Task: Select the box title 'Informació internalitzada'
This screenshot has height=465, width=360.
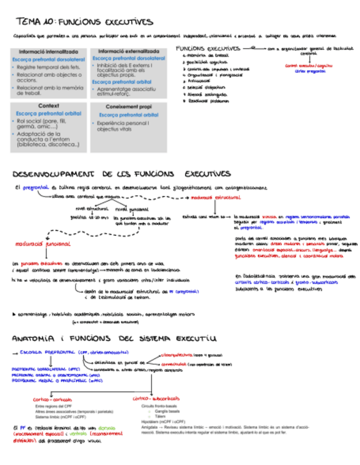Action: tap(48, 52)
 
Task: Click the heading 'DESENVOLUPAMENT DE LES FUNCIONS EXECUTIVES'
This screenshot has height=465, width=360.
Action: tap(121, 174)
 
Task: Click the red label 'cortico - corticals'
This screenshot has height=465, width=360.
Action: tap(53, 399)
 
